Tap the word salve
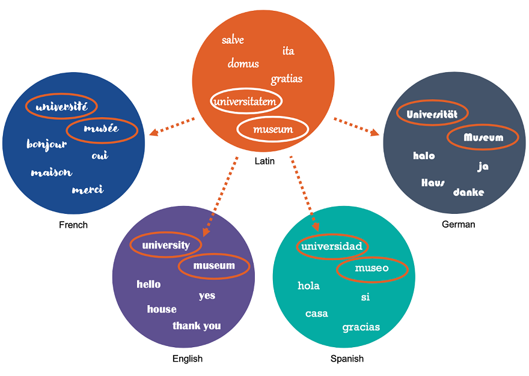pyautogui.click(x=233, y=40)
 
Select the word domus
pyautogui.click(x=243, y=64)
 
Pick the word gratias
pyautogui.click(x=286, y=79)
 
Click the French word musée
pyautogui.click(x=102, y=129)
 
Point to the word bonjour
pyautogui.click(x=47, y=144)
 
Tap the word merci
pyautogui.click(x=88, y=190)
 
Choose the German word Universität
pyautogui.click(x=432, y=114)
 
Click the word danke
pyautogui.click(x=468, y=192)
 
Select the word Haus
pyautogui.click(x=433, y=182)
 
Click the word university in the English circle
pyautogui.click(x=166, y=245)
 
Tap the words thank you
pyautogui.click(x=197, y=326)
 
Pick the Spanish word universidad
pyautogui.click(x=332, y=246)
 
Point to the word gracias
pyautogui.click(x=361, y=327)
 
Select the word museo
pyautogui.click(x=372, y=268)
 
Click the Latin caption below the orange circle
pyautogui.click(x=264, y=161)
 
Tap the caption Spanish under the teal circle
pyautogui.click(x=347, y=359)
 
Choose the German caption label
pyautogui.click(x=458, y=225)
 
